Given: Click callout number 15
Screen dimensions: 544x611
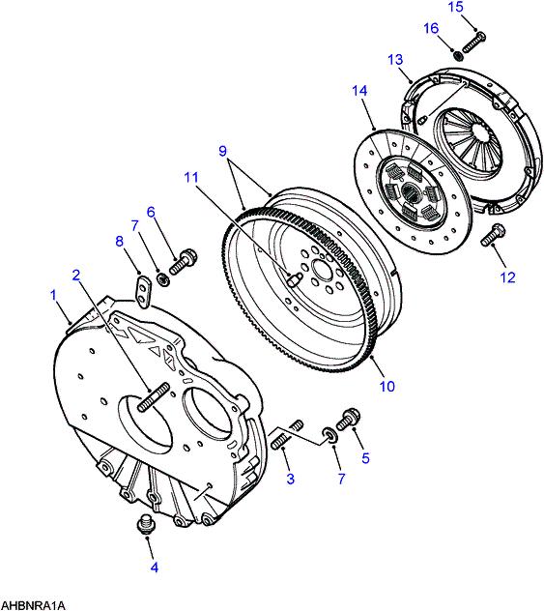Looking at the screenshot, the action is coord(456,7).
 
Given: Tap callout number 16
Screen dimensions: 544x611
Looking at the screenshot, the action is coord(431,28).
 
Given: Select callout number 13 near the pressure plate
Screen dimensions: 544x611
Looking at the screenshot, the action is coord(395,60).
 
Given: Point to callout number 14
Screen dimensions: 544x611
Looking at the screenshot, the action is coord(359,91).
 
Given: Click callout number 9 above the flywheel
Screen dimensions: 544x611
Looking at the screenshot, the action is coord(222,151).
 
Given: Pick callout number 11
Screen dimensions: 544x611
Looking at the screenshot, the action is coord(190,177).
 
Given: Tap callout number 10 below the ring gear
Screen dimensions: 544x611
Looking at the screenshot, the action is coord(387,386).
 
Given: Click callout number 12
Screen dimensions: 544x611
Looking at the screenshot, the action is coord(507,277).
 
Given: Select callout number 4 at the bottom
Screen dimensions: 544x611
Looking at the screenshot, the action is coord(155,567).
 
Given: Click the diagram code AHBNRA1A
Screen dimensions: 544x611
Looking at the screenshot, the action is coord(33,606).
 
